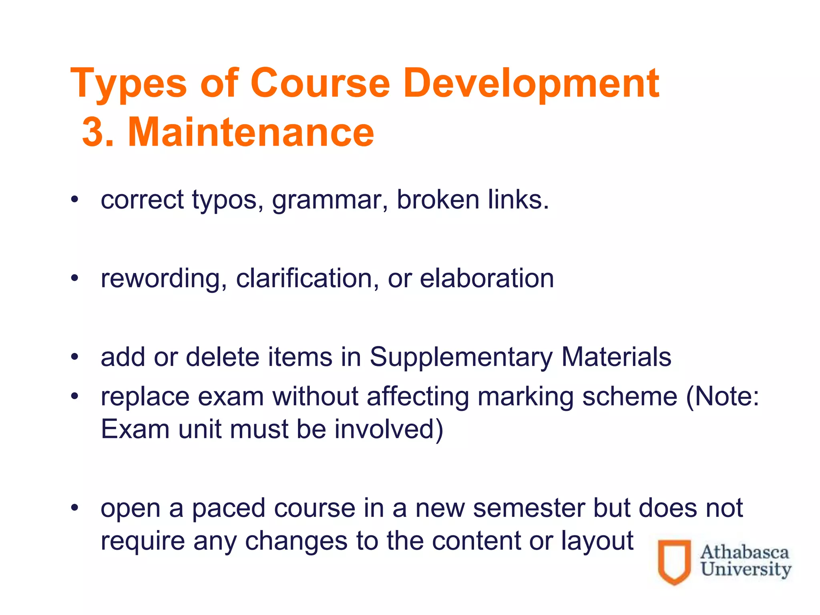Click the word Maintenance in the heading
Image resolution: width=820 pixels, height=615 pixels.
click(x=251, y=132)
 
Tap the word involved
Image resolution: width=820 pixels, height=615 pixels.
click(x=388, y=429)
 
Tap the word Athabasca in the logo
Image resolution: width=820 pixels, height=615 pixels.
click(x=744, y=553)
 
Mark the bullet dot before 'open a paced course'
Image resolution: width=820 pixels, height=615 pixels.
click(x=74, y=508)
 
